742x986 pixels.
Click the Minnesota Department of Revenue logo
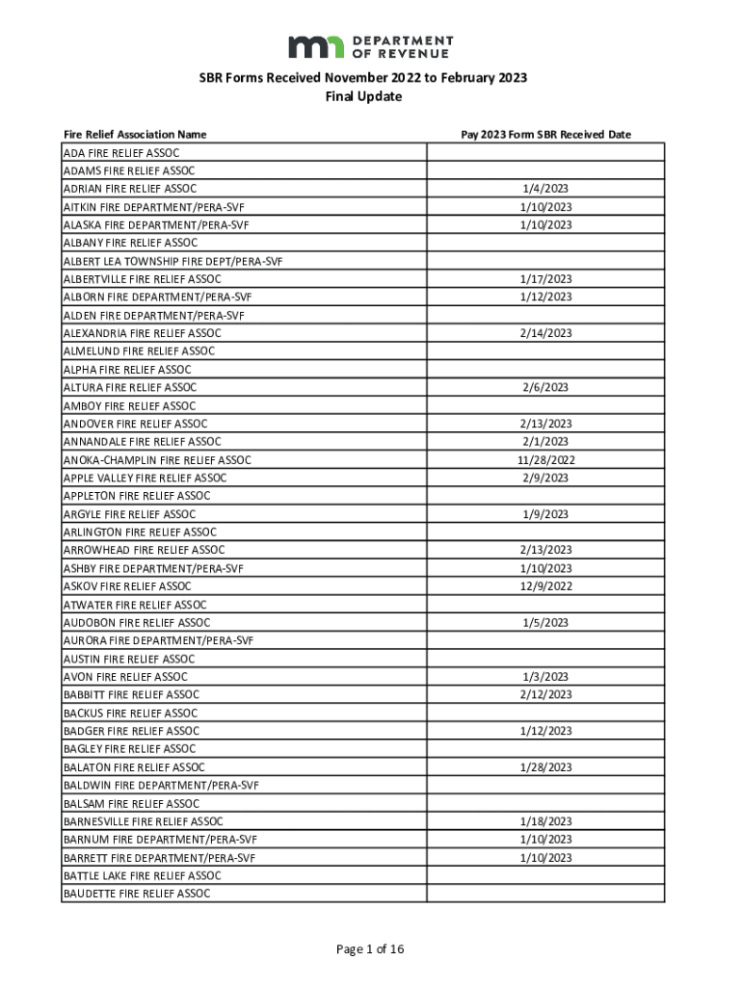pyautogui.click(x=370, y=46)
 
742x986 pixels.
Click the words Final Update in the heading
pyautogui.click(x=370, y=97)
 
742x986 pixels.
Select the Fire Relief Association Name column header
pyautogui.click(x=135, y=135)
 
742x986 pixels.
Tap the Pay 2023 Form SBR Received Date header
pyautogui.click(x=545, y=135)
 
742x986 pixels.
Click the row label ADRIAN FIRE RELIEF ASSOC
pyautogui.click(x=130, y=189)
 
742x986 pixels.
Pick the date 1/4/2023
pyautogui.click(x=545, y=189)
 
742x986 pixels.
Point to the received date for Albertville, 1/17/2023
pyautogui.click(x=545, y=279)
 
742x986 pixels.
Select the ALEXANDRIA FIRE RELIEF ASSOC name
pyautogui.click(x=143, y=333)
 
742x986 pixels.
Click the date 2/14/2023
pyautogui.click(x=545, y=333)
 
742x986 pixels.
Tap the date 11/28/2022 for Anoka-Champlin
pyautogui.click(x=545, y=460)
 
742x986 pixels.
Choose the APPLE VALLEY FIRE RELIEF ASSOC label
pyautogui.click(x=146, y=478)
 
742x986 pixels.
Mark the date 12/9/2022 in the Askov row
pyautogui.click(x=545, y=586)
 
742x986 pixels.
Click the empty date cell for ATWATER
pyautogui.click(x=545, y=605)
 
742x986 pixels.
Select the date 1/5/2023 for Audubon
pyautogui.click(x=545, y=623)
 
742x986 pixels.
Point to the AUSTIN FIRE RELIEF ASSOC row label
pyautogui.click(x=129, y=659)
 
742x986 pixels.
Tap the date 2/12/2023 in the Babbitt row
pyautogui.click(x=545, y=694)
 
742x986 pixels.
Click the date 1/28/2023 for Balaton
pyautogui.click(x=545, y=767)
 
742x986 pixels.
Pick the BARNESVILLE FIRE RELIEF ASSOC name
pyautogui.click(x=144, y=821)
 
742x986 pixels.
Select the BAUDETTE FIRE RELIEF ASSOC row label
pyautogui.click(x=137, y=894)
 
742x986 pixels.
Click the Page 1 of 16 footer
pyautogui.click(x=370, y=949)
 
